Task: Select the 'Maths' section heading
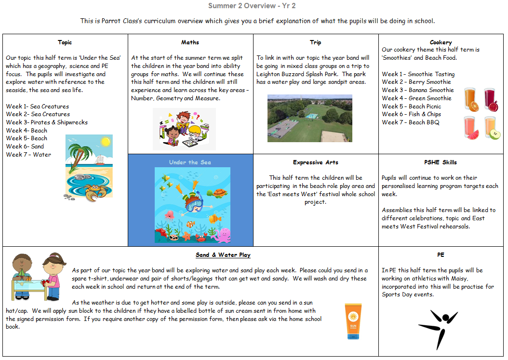pyautogui.click(x=190, y=42)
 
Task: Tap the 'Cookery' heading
pyautogui.click(x=441, y=42)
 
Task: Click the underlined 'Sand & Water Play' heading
pyautogui.click(x=223, y=255)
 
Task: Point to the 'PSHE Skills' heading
pyautogui.click(x=441, y=162)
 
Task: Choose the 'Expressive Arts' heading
pyautogui.click(x=315, y=162)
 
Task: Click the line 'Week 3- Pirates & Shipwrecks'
pyautogui.click(x=47, y=122)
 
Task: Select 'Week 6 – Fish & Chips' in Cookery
pyautogui.click(x=411, y=114)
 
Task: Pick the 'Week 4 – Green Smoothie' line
pyautogui.click(x=416, y=98)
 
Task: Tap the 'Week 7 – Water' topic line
pyautogui.click(x=28, y=155)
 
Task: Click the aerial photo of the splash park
pyautogui.click(x=309, y=118)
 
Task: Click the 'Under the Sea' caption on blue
pyautogui.click(x=190, y=162)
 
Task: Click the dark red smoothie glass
pyautogui.click(x=491, y=100)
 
